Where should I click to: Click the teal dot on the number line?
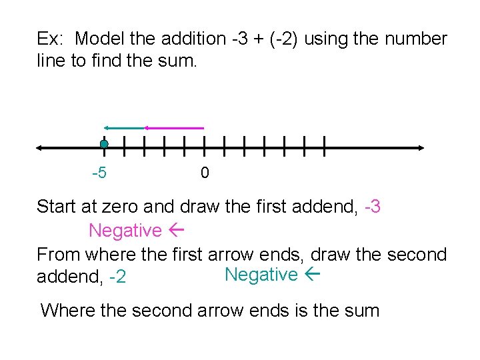click(x=104, y=144)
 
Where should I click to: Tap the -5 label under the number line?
click(x=99, y=173)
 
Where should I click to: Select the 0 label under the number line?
click(x=205, y=173)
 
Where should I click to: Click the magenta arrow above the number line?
click(x=175, y=127)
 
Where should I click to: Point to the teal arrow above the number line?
click(x=124, y=127)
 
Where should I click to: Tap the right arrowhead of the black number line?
click(x=420, y=147)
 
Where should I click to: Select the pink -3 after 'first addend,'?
click(x=373, y=207)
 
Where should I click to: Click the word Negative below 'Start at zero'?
click(x=125, y=231)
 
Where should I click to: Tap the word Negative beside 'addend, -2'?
click(x=261, y=274)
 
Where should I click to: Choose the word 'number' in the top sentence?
click(x=415, y=39)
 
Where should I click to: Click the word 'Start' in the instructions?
click(x=57, y=207)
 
